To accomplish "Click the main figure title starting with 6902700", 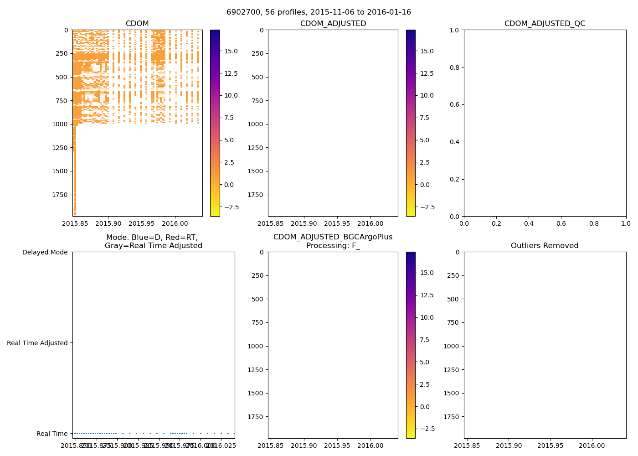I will tap(319, 12).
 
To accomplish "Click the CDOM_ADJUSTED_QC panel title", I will tap(545, 24).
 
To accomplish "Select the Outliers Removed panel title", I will tap(545, 246).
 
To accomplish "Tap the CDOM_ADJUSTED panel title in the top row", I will tap(333, 24).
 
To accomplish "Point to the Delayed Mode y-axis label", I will tap(45, 252).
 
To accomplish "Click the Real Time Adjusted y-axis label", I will tap(37, 343).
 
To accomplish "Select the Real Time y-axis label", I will tap(52, 434).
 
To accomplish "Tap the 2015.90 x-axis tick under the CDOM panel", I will tap(108, 224).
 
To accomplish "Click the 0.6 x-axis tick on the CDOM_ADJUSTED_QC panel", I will tap(561, 224).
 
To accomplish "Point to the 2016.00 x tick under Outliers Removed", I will tap(592, 446).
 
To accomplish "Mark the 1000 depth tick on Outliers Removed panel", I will tap(452, 346).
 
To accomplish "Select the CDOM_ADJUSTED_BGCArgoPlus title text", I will tap(333, 237).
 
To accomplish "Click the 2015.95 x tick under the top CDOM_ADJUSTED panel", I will tap(337, 224).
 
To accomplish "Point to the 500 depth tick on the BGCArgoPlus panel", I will tap(257, 299).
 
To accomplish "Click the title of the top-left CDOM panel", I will tap(137, 24).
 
